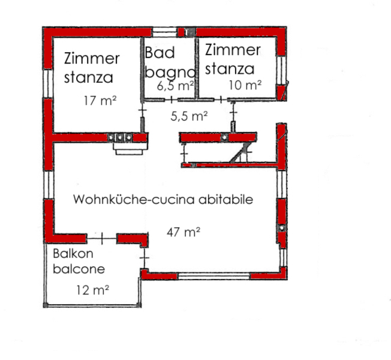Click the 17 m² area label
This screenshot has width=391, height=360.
coord(100,101)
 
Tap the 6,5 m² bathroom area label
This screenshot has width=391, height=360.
coord(175,86)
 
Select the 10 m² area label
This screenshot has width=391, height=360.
coord(245,85)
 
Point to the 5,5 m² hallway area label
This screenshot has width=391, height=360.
coord(189,116)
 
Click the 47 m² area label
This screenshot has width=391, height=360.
coord(184,232)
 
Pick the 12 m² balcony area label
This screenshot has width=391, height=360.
coord(92,290)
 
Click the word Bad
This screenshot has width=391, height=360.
coord(160,53)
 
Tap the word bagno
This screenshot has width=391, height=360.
coord(170,73)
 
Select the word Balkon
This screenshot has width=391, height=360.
coord(73,254)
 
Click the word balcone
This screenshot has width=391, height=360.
coord(79,269)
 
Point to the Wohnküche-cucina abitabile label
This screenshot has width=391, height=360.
coord(163,200)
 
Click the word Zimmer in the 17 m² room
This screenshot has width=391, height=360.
coord(92,58)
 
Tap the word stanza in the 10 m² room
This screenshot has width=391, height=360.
coord(230,68)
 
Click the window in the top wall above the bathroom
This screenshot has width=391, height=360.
coord(164,32)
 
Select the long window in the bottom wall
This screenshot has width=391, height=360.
coord(214,276)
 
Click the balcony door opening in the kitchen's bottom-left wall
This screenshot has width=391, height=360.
coord(102,239)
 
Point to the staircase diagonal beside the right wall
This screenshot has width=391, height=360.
coord(239,152)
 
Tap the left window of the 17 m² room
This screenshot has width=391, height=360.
coord(48,83)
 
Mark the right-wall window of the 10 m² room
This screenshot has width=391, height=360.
coord(281,71)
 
